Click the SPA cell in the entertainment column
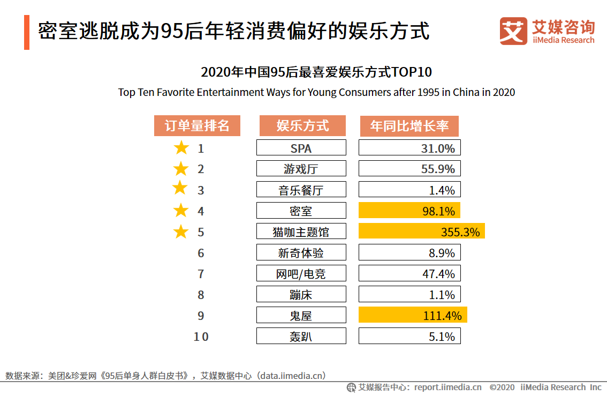301,148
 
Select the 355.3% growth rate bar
421,232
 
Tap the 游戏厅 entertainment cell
301,169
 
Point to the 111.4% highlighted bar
413,315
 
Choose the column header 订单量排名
197,126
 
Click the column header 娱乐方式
302,126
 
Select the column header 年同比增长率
409,126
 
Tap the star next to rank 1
181,148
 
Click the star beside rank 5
181,232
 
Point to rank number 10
201,337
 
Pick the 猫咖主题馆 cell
301,232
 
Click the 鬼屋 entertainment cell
301,315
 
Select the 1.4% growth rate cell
409,190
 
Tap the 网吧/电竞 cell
301,273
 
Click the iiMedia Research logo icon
513,31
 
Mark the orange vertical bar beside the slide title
27,33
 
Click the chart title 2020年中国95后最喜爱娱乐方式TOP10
316,72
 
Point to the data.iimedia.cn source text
291,376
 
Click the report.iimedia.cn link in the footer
447,387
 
